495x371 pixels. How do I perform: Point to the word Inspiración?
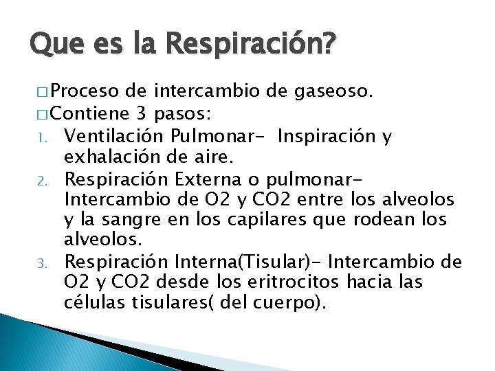click(324, 137)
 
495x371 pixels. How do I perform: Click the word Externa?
click(205, 182)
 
